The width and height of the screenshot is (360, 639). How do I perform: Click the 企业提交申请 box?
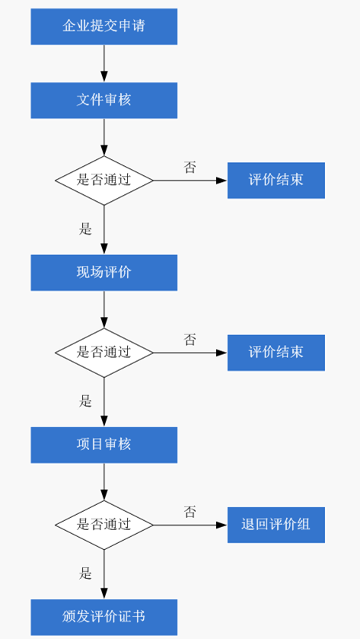pyautogui.click(x=104, y=27)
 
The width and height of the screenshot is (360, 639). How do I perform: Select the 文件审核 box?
pyautogui.click(x=104, y=101)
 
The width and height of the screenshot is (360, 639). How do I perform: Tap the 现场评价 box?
pyautogui.click(x=104, y=273)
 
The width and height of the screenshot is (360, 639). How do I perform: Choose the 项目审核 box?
pyautogui.click(x=104, y=445)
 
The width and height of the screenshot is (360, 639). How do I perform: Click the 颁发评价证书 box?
pyautogui.click(x=104, y=617)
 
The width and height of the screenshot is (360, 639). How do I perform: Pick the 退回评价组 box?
pyautogui.click(x=276, y=525)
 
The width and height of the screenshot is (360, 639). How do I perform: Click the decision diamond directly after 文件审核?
pyautogui.click(x=104, y=181)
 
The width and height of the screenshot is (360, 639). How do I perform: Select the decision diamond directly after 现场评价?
pyautogui.click(x=104, y=353)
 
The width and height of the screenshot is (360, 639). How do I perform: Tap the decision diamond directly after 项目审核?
pyautogui.click(x=104, y=525)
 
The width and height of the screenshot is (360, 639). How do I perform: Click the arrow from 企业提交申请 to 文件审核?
pyautogui.click(x=104, y=63)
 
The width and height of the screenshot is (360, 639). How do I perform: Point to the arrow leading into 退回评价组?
pyautogui.click(x=190, y=525)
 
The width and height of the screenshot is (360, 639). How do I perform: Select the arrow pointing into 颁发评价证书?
pyautogui.click(x=104, y=574)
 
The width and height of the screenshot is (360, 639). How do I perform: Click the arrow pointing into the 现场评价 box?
pyautogui.click(x=104, y=230)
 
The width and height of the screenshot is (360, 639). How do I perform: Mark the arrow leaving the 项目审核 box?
pyautogui.click(x=104, y=481)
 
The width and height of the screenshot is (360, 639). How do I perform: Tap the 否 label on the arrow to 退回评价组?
pyautogui.click(x=190, y=512)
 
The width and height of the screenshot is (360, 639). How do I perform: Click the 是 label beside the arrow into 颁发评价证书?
pyautogui.click(x=85, y=574)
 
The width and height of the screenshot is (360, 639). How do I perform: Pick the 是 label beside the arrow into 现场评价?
pyautogui.click(x=85, y=229)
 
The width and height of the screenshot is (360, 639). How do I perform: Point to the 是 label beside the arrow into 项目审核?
pyautogui.click(x=85, y=401)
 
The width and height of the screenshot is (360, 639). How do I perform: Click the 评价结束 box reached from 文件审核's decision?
pyautogui.click(x=276, y=181)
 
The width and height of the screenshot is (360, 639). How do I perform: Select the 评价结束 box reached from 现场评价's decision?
pyautogui.click(x=276, y=353)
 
